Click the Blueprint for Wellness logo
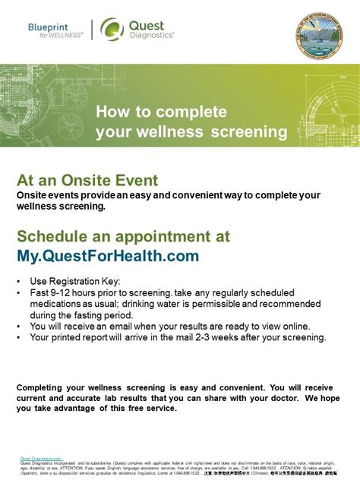[x=55, y=30]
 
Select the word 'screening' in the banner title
[x=250, y=132]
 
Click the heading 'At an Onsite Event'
[x=87, y=180]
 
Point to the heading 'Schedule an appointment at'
[x=123, y=236]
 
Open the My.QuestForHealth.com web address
[x=108, y=255]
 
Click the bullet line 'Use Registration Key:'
[x=76, y=282]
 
